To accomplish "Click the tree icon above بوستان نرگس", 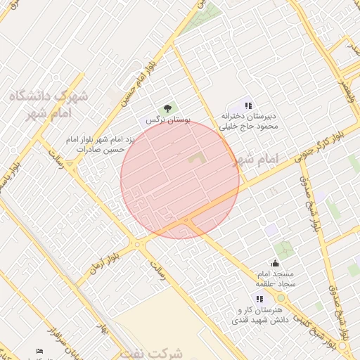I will tap(167, 108).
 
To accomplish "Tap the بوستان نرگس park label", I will tap(168, 120).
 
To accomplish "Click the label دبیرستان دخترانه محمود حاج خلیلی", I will tap(250, 121).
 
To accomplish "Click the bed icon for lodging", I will tap(39, 351).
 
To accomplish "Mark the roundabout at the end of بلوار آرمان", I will tap(140, 244).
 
